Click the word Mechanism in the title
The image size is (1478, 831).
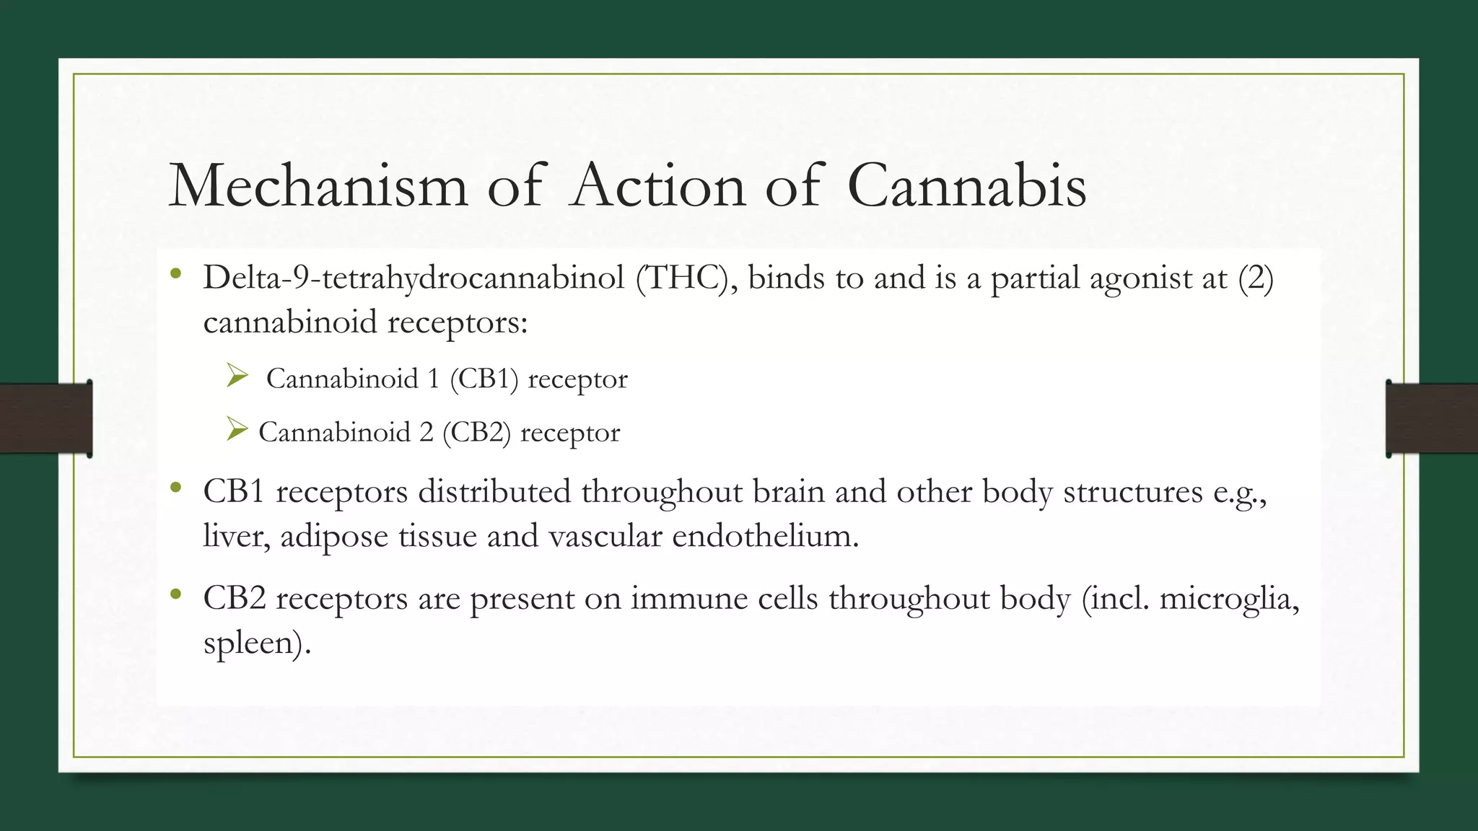(x=318, y=186)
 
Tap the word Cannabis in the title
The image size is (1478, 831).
(x=966, y=186)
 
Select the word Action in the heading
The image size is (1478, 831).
(x=657, y=186)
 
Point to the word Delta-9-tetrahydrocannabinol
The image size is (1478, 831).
(x=414, y=278)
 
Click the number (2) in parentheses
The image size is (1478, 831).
(x=1256, y=278)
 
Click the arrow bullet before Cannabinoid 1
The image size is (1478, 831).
(x=237, y=376)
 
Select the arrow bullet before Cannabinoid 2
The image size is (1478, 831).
(x=236, y=429)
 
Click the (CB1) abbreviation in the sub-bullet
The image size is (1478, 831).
(x=484, y=379)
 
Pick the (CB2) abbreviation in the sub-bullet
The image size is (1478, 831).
(x=476, y=432)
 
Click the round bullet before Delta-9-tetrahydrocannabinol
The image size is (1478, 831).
(x=175, y=274)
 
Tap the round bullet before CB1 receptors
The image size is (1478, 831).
(x=175, y=488)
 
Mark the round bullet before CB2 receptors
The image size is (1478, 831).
(x=175, y=595)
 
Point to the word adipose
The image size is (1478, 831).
(x=334, y=537)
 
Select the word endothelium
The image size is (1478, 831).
(x=765, y=536)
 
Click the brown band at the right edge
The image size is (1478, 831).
(x=1432, y=418)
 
